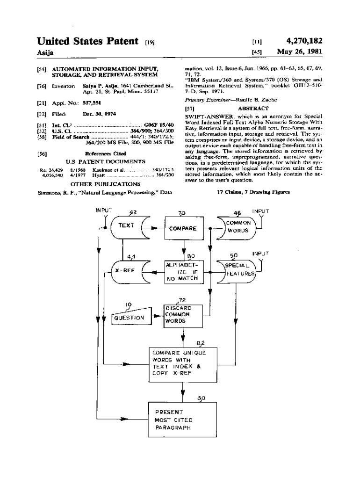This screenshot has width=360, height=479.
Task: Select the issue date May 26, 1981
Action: [x=300, y=51]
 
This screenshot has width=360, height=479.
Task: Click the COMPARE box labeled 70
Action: [x=182, y=229]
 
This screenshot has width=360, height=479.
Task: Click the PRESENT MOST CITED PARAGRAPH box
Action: [x=183, y=420]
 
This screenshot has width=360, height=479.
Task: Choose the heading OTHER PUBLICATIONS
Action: [x=105, y=184]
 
